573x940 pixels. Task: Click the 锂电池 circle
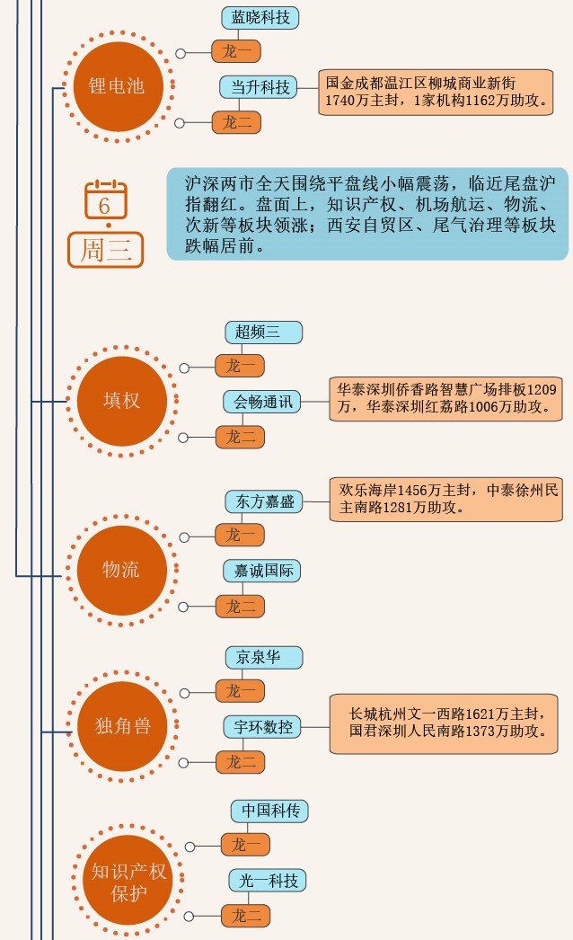click(x=116, y=86)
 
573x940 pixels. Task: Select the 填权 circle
click(x=121, y=400)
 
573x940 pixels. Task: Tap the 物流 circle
click(x=121, y=569)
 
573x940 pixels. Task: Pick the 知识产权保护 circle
click(x=128, y=882)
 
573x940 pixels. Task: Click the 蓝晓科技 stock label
click(x=260, y=17)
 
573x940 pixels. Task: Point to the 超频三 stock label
click(x=263, y=332)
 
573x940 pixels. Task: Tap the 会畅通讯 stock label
click(x=263, y=402)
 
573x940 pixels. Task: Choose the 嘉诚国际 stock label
click(x=261, y=571)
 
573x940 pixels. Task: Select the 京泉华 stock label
click(x=263, y=657)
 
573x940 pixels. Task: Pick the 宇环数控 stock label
click(x=262, y=726)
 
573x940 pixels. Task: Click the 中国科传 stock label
click(x=269, y=811)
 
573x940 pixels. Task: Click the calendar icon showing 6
click(x=106, y=199)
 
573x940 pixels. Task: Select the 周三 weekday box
click(x=106, y=250)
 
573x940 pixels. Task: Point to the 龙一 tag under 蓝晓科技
click(x=236, y=51)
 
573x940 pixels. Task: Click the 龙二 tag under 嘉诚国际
click(x=240, y=607)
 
